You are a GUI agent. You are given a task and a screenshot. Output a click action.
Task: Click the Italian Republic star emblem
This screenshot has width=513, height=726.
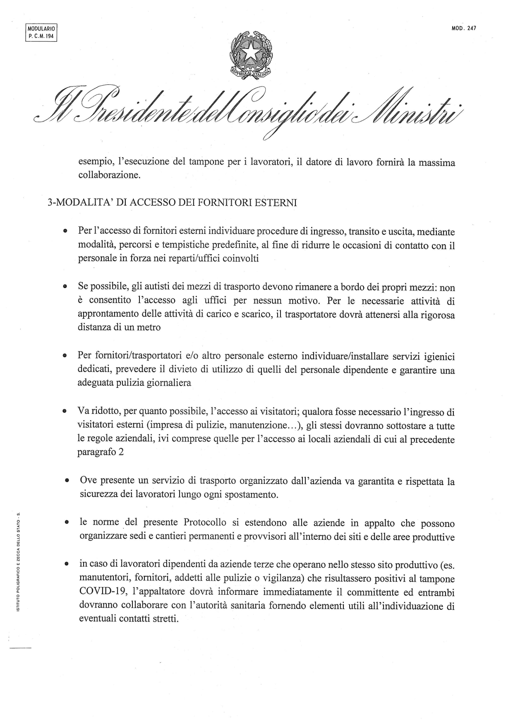(250, 54)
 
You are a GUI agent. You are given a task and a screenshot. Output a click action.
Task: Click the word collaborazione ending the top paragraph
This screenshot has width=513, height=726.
(109, 175)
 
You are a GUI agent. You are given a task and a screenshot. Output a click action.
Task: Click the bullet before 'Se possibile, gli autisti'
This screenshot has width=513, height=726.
(65, 286)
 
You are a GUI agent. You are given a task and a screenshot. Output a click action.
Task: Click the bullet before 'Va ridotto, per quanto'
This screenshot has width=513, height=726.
(65, 411)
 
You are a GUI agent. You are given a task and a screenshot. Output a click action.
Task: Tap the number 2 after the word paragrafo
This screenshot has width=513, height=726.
(121, 452)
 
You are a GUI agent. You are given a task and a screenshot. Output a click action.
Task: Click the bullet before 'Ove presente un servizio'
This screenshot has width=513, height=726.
(66, 481)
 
